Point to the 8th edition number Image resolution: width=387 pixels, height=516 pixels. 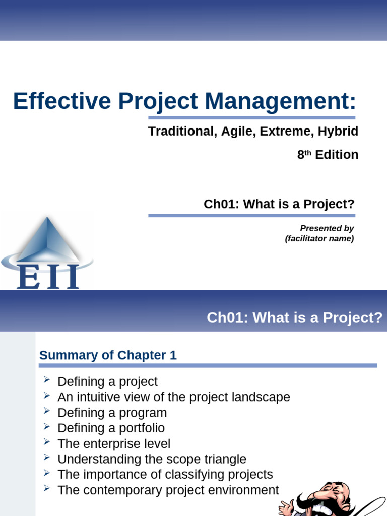coord(301,155)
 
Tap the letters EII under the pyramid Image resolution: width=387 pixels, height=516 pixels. coord(47,277)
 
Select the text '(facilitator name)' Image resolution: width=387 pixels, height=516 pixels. coord(319,239)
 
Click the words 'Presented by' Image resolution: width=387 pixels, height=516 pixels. coord(327,228)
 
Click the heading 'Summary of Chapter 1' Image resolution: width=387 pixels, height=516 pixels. coord(108,355)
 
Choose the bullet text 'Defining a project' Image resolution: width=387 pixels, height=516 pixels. coord(107,382)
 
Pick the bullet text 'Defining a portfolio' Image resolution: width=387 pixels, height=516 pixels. coord(111,428)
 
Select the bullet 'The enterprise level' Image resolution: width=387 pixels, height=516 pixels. coord(114,444)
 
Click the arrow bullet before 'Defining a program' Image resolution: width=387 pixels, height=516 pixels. coord(47,412)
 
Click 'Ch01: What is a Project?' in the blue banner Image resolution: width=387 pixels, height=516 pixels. coord(294,318)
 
